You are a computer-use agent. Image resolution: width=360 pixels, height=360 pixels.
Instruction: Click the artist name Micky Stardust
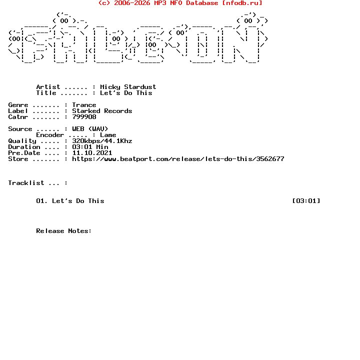128,87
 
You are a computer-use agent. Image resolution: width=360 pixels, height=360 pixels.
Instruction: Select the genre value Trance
84,105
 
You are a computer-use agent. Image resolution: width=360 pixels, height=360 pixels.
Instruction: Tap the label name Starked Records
102,111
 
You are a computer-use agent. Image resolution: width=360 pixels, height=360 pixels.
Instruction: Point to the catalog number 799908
84,117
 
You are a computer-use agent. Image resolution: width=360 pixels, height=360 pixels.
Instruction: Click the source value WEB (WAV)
90,129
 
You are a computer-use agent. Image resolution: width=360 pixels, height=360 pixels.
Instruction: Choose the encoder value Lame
108,135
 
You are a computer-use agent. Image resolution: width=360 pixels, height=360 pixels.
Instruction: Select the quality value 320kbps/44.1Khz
102,140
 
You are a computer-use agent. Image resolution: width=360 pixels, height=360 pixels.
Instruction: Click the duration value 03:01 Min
90,146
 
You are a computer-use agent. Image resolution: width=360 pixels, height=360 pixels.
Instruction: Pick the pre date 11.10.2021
92,152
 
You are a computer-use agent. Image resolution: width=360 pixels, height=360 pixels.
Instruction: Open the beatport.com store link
178,159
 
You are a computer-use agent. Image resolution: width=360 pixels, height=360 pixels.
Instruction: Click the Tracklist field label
26,183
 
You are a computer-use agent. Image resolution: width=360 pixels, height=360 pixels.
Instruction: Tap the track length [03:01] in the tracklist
306,201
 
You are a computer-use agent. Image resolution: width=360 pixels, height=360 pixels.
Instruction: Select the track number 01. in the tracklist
42,201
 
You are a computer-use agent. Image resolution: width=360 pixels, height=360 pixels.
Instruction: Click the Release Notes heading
64,230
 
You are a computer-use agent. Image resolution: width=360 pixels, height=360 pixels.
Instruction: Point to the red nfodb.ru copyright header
180,3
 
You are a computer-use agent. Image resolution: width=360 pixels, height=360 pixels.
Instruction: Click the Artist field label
48,87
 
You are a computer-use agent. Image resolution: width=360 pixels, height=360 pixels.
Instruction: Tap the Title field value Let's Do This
126,93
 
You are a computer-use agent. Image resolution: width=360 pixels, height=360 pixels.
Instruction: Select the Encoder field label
50,135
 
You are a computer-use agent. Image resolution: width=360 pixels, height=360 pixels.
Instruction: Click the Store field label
18,159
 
